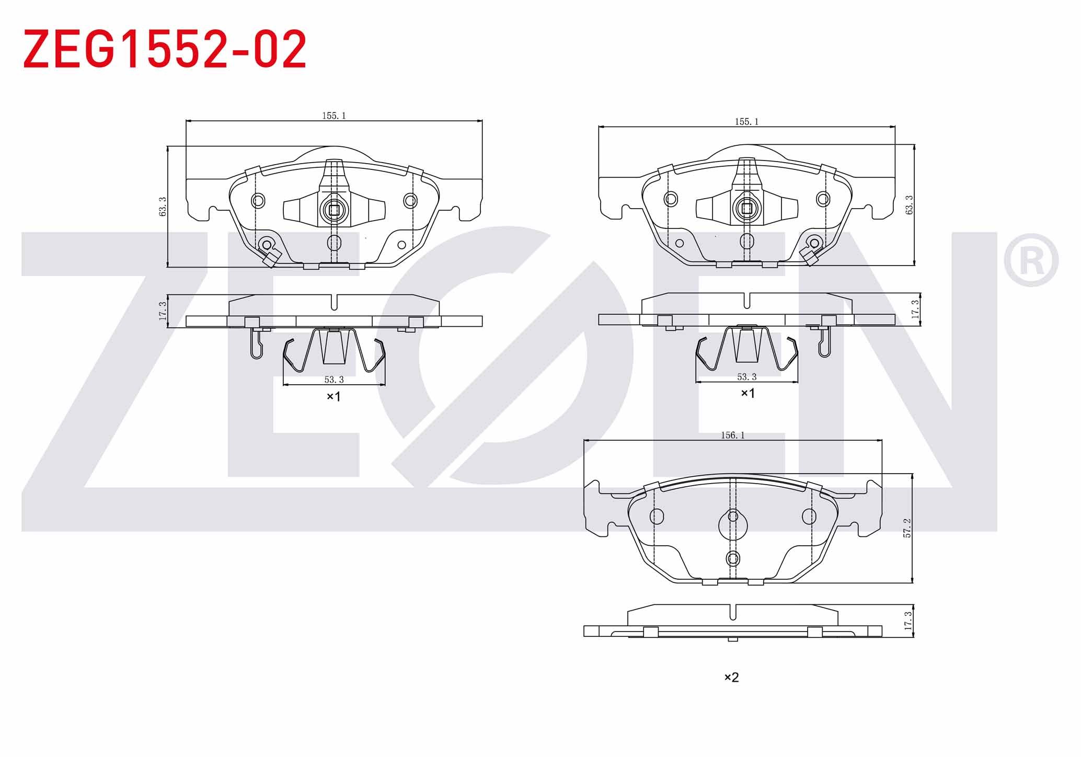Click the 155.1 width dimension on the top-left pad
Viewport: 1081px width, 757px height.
click(x=334, y=116)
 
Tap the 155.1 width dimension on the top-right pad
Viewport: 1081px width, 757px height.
click(x=746, y=121)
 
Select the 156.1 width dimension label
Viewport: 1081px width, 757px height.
click(x=732, y=435)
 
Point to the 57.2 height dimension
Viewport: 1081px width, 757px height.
click(x=907, y=527)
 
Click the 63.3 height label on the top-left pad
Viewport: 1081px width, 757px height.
click(x=163, y=207)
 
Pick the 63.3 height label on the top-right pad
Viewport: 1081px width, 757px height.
click(x=909, y=205)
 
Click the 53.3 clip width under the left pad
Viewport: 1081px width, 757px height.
click(x=334, y=380)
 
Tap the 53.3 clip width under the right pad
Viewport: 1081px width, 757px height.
click(x=746, y=376)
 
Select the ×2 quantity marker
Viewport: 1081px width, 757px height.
click(x=731, y=677)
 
